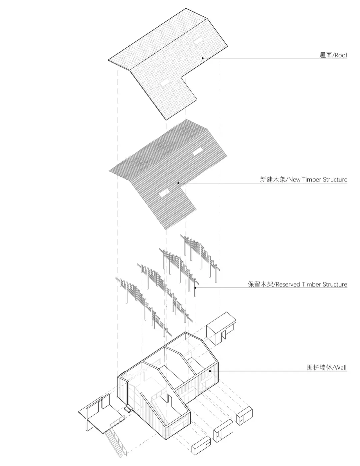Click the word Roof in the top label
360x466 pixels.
[341, 55]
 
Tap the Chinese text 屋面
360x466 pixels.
[326, 55]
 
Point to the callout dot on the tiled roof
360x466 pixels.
[203, 58]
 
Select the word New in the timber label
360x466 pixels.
[294, 179]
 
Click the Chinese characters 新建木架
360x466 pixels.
[273, 179]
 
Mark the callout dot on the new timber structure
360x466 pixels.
[178, 183]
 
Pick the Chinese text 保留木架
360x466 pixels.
[260, 284]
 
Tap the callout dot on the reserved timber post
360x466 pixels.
[195, 288]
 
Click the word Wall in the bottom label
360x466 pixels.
[341, 368]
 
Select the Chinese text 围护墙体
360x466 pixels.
[319, 368]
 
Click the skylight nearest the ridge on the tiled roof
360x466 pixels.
[198, 41]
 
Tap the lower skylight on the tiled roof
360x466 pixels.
[164, 83]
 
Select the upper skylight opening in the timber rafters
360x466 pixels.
[198, 152]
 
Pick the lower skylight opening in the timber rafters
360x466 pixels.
[164, 193]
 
